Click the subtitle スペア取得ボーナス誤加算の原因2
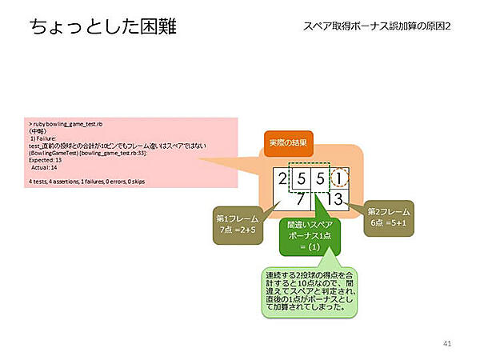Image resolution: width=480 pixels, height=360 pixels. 376,26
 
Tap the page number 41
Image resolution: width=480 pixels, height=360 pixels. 447,343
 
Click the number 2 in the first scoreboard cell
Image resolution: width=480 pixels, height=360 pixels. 282,178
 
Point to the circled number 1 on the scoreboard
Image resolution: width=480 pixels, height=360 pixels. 339,178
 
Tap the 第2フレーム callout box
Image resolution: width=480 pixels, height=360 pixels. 389,218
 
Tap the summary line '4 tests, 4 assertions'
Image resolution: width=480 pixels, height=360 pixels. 88,182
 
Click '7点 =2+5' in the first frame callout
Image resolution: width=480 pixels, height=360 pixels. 238,230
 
